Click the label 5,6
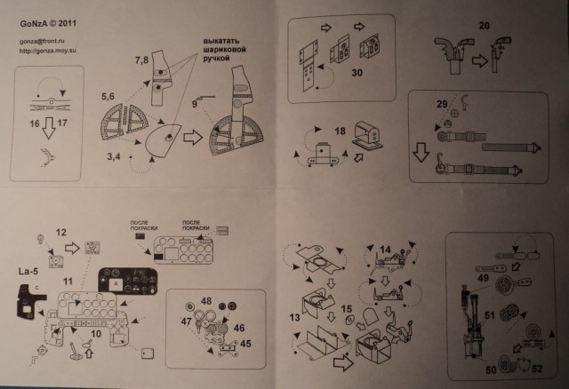pos(110,93)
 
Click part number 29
pos(442,105)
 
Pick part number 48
pos(206,302)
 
